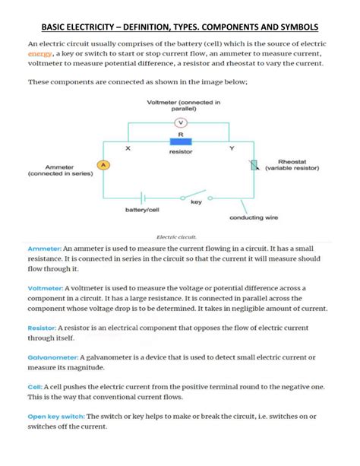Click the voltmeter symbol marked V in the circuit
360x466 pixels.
coord(180,122)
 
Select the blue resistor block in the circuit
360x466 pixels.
coord(180,141)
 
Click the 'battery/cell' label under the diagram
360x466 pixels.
coord(141,210)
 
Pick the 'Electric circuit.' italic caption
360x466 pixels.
coord(176,236)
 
